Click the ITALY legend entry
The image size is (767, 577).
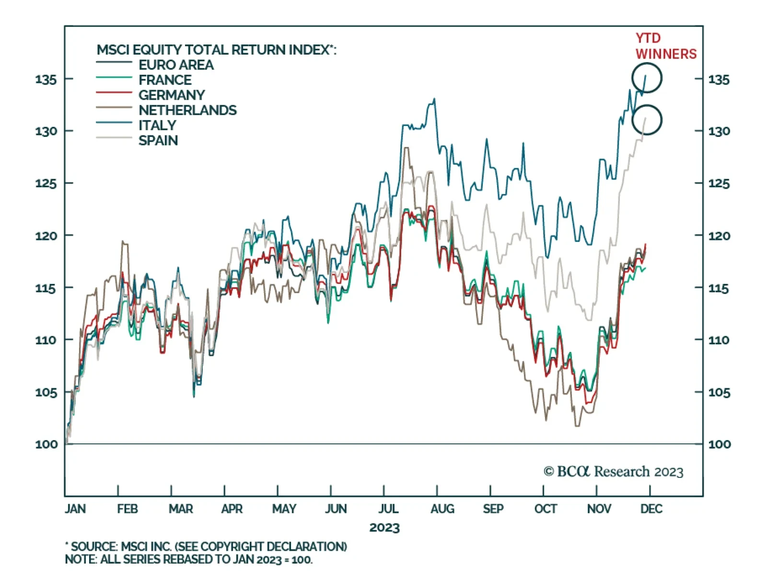157,125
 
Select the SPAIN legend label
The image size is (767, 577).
158,141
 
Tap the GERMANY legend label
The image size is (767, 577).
172,95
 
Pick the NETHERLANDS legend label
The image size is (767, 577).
187,111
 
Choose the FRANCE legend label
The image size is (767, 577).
165,80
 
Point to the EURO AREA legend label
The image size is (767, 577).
176,65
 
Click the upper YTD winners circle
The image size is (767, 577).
647,78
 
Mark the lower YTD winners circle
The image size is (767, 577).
647,120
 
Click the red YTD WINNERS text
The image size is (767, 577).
665,46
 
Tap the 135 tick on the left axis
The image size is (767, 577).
46,79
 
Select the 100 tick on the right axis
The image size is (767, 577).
720,444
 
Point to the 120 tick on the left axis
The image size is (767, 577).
46,236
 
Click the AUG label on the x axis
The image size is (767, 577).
442,509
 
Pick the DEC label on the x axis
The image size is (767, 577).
651,509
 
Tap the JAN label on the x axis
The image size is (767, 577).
75,509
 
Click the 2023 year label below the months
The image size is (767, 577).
384,528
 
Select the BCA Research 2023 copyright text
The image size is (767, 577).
613,472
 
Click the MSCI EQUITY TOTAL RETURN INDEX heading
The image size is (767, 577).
216,50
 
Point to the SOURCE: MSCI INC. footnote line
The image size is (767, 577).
206,546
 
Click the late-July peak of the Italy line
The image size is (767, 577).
434,99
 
